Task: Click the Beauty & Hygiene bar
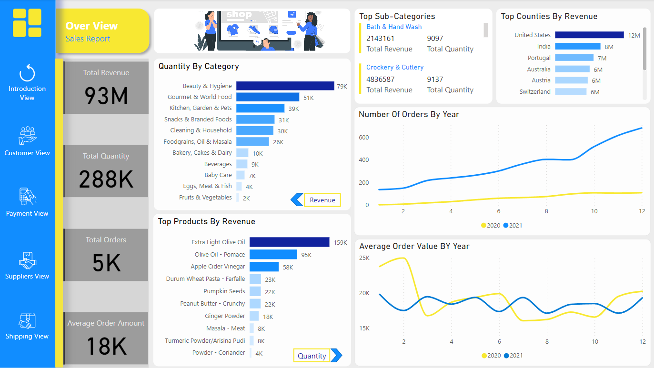[x=285, y=86]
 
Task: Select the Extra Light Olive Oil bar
[x=289, y=242]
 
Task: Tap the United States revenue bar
[x=589, y=35]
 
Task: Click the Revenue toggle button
[x=322, y=200]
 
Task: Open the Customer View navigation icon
[x=27, y=135]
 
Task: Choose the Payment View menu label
[x=27, y=214]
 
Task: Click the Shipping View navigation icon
[x=27, y=321]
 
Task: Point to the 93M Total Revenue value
[x=106, y=96]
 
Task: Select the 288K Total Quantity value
[x=106, y=179]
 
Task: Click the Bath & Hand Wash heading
[x=394, y=27]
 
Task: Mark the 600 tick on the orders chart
[x=364, y=138]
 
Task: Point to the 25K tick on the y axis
[x=364, y=258]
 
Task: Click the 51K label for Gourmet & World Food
[x=309, y=98]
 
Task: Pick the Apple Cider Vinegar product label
[x=218, y=267]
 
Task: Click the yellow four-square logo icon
[x=27, y=23]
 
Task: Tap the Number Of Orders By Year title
[x=409, y=114]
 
